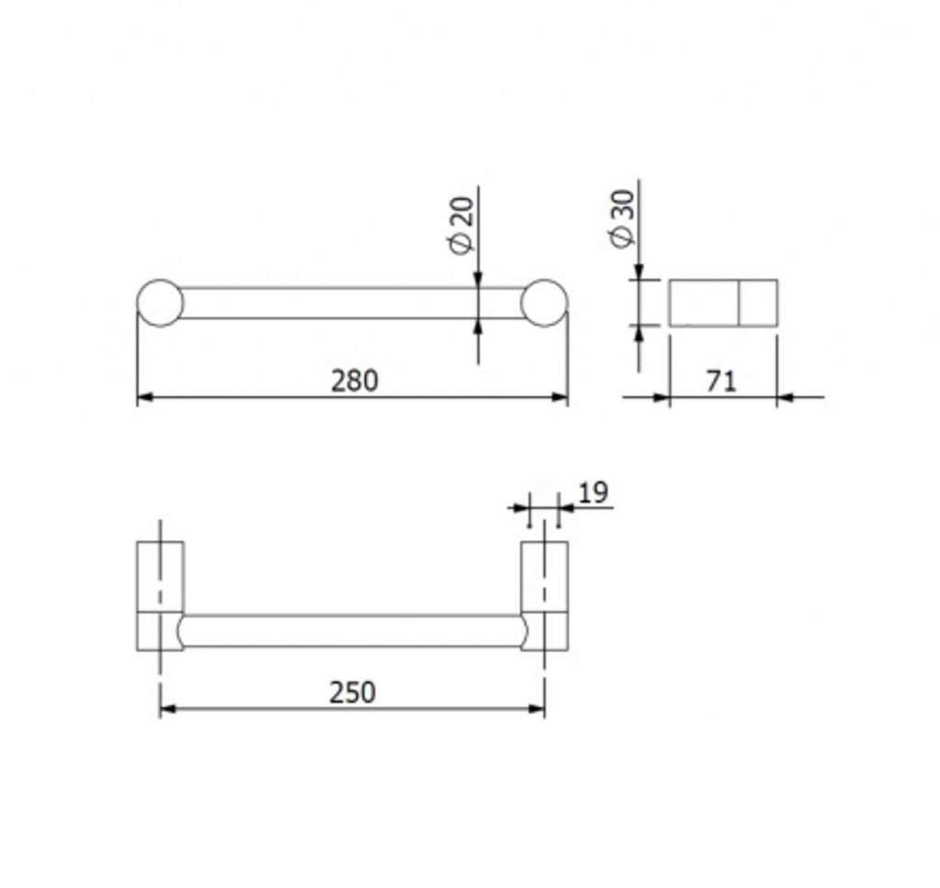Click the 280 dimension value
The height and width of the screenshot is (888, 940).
pyautogui.click(x=355, y=381)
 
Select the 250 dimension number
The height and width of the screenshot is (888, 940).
pyautogui.click(x=352, y=693)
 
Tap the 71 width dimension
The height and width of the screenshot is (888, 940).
pyautogui.click(x=721, y=381)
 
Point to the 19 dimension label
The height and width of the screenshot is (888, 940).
pyautogui.click(x=594, y=493)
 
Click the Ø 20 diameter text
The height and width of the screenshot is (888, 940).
pyautogui.click(x=463, y=225)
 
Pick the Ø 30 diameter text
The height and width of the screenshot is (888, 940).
pyautogui.click(x=622, y=218)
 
